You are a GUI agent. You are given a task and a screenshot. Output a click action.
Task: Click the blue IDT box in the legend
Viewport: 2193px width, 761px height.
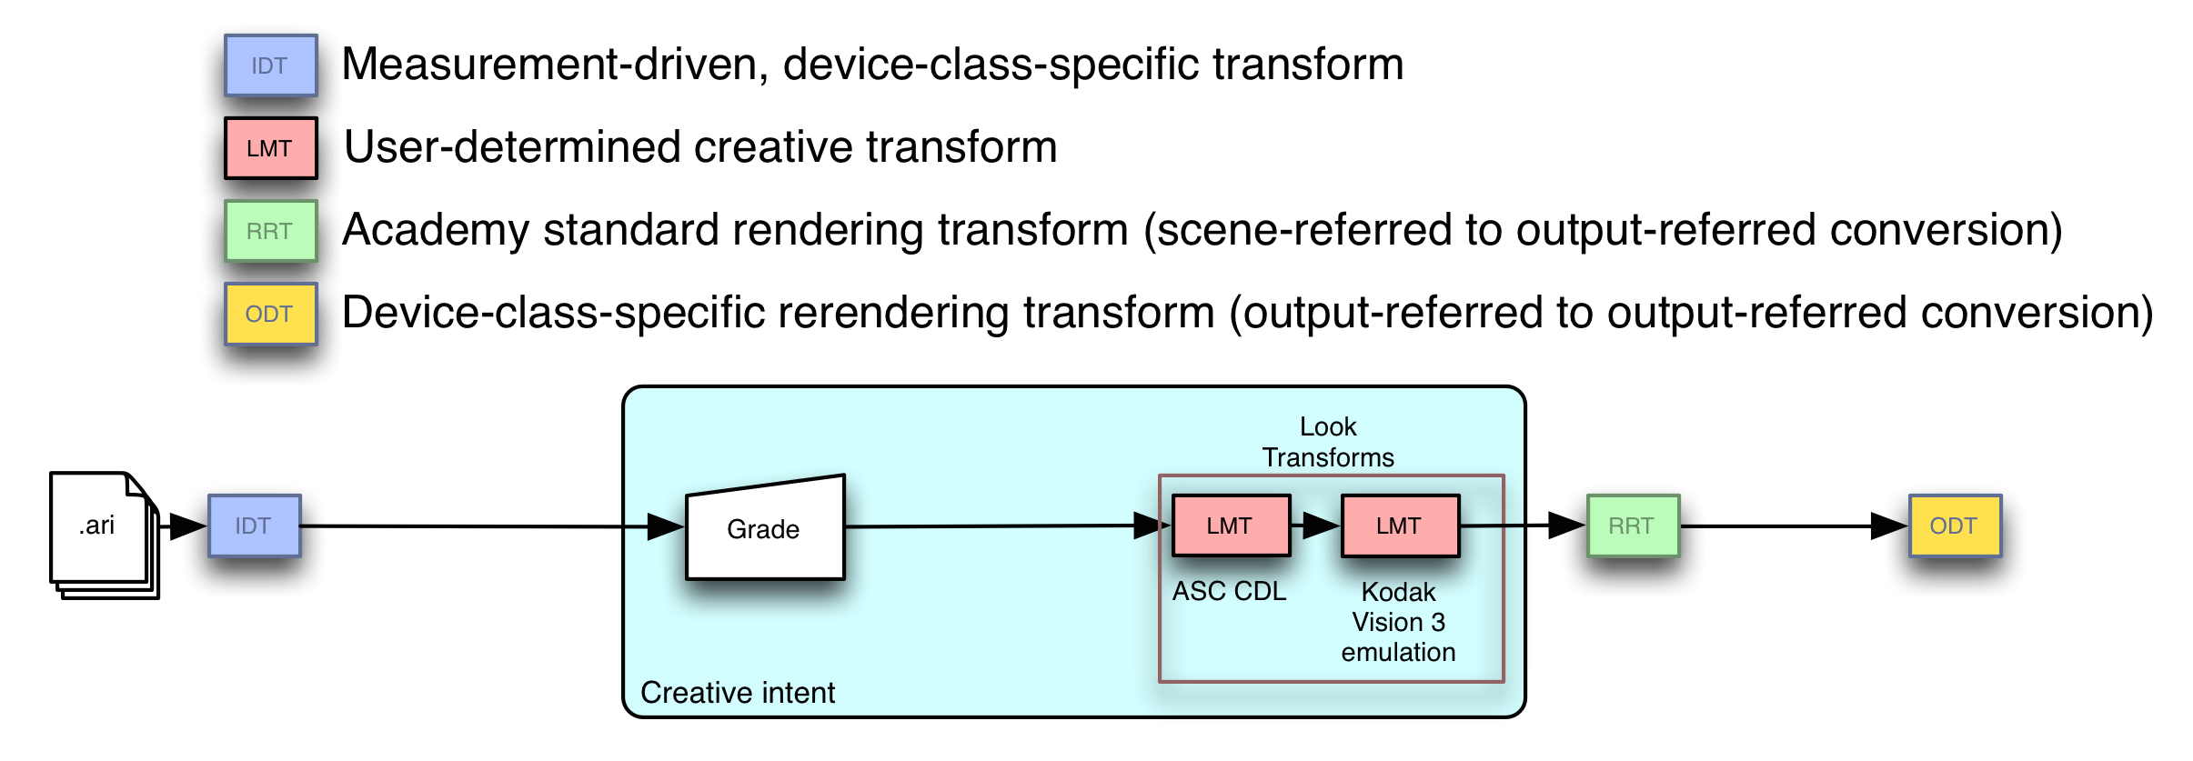coord(271,65)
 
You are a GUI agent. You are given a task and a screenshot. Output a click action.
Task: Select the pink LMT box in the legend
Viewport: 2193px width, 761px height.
coord(271,148)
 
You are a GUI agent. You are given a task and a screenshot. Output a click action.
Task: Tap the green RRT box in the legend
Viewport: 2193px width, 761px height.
coord(271,231)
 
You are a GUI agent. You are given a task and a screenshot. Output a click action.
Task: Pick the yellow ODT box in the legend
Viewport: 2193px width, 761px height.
coord(271,314)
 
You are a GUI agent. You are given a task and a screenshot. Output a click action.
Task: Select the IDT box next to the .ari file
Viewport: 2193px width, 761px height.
coord(255,526)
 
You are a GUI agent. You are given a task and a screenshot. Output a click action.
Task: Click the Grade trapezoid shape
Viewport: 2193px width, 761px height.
coord(765,528)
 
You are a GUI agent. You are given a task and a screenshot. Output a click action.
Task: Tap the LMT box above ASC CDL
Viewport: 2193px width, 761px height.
coord(1231,526)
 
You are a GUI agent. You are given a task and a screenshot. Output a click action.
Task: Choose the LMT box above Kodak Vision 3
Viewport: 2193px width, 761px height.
coord(1400,526)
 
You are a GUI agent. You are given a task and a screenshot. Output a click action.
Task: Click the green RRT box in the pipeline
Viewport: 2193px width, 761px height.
coord(1633,526)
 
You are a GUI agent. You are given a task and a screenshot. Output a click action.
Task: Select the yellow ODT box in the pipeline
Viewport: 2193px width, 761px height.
coord(1955,526)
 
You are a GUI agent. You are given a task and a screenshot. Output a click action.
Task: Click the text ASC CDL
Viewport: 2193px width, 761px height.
coord(1229,591)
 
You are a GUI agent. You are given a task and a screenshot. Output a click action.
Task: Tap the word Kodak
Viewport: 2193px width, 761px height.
coord(1398,592)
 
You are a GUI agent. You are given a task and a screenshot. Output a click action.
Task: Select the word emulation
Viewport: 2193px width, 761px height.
coord(1398,652)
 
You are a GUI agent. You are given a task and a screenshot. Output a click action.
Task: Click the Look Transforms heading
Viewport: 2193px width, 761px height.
coord(1328,442)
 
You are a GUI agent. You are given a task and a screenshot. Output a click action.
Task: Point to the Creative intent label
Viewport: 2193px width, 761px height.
coord(738,693)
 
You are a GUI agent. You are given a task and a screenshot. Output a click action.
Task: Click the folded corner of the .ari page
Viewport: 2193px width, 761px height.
coord(135,486)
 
